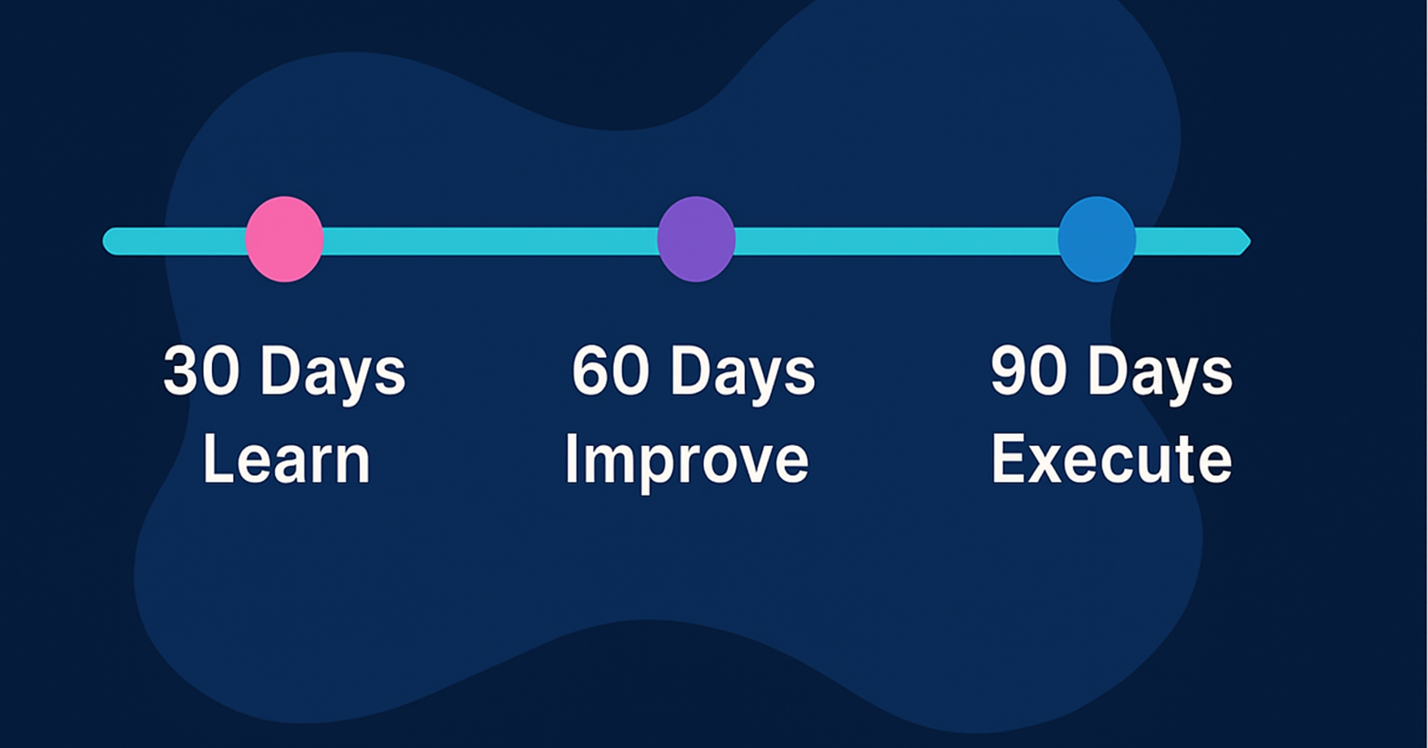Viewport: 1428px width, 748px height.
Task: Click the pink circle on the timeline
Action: coord(284,239)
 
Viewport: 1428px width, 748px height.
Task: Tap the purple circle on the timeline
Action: coord(696,239)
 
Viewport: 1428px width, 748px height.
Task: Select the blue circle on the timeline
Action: coord(1097,239)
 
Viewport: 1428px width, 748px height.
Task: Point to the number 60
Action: coord(611,370)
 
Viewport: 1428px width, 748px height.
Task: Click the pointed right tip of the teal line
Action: coord(1251,242)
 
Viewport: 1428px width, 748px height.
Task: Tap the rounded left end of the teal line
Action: coord(104,242)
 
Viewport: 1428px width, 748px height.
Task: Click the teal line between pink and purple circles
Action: coord(490,242)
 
